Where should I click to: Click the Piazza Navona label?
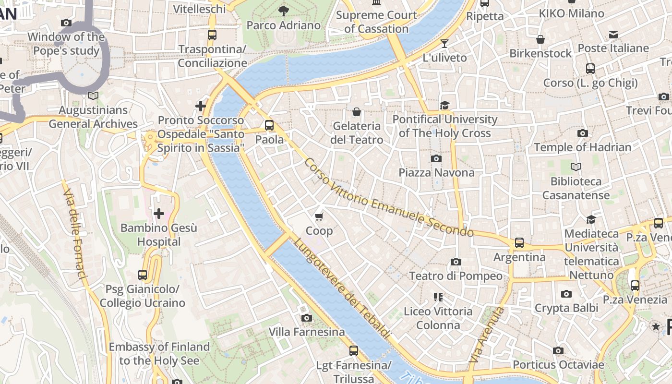coord(436,172)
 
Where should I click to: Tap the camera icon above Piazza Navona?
coord(436,158)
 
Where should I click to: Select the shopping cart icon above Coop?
coord(319,216)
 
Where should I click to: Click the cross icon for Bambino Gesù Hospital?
coord(159,213)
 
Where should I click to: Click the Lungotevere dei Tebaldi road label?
coord(342,288)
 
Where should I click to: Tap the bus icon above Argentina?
coord(519,243)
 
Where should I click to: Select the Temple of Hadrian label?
coord(582,147)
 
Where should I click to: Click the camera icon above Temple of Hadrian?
coord(582,133)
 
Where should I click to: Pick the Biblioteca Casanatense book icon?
coord(576,167)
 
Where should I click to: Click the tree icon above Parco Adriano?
coord(284,11)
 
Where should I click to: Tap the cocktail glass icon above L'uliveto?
coord(444,44)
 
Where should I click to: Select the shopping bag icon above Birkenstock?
coord(540,39)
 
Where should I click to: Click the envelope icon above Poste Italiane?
coord(613,34)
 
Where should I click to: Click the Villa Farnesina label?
coord(307,332)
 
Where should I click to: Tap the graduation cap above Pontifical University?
coord(445,105)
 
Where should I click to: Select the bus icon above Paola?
coord(269,125)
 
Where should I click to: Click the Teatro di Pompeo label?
coord(456,276)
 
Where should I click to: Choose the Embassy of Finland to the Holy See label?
coord(159,353)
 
